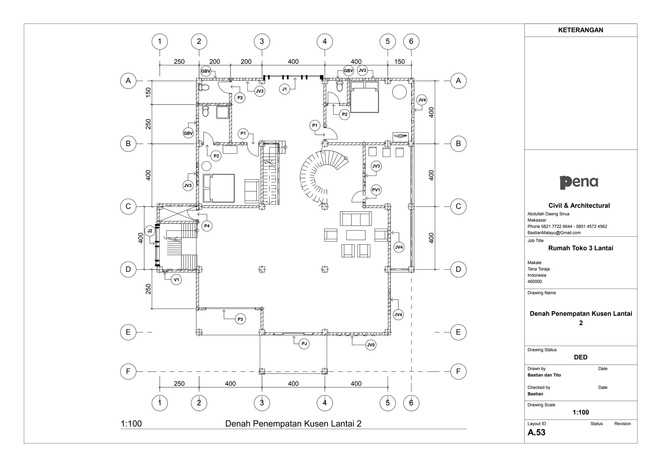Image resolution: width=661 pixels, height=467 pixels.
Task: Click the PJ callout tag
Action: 304,344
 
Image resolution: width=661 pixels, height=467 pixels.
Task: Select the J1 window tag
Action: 284,89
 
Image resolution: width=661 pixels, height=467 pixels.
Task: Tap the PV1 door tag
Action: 376,190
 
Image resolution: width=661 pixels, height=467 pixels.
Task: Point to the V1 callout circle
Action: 176,280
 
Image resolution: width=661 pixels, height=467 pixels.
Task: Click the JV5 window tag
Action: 371,345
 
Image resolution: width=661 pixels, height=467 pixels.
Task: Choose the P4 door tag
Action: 207,226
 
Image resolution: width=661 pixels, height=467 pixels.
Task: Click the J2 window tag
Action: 150,231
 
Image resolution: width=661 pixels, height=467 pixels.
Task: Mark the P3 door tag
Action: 240,319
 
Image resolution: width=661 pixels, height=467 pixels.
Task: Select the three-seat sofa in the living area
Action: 356,219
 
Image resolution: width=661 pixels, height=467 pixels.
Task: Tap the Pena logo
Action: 579,182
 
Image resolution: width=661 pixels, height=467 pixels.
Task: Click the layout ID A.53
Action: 536,432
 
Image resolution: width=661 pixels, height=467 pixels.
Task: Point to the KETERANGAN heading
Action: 580,30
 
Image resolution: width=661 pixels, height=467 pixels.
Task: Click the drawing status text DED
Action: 580,357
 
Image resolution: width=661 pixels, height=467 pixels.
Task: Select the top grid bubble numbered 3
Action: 262,41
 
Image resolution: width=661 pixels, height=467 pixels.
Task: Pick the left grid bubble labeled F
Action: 128,372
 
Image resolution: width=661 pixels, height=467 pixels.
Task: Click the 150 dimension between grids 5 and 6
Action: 399,62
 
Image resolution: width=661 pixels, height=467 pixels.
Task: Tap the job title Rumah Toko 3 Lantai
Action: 580,248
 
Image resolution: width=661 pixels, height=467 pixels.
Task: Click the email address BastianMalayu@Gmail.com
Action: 554,233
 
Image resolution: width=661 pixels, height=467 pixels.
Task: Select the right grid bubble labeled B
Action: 458,144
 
